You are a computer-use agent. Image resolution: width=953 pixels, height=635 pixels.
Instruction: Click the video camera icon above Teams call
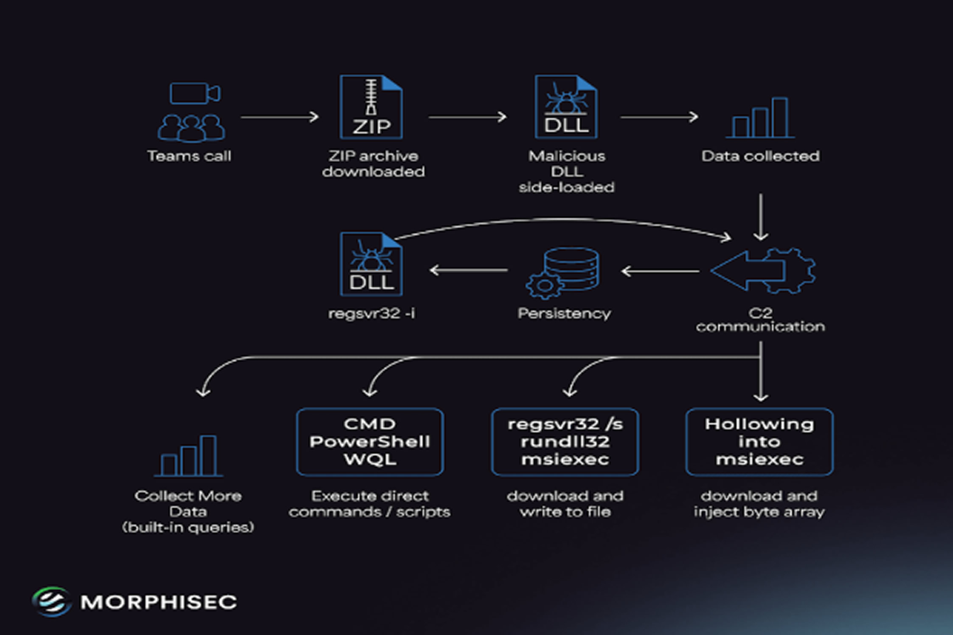click(x=194, y=93)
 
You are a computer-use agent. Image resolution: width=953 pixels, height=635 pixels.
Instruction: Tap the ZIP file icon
click(x=371, y=107)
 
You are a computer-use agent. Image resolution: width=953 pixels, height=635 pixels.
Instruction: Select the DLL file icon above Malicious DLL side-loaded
click(x=566, y=107)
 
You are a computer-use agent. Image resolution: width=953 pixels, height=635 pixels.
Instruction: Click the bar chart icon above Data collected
click(x=760, y=118)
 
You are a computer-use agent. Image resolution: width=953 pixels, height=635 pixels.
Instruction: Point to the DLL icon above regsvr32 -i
click(x=371, y=264)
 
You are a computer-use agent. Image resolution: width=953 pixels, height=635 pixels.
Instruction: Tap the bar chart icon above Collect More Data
click(x=188, y=456)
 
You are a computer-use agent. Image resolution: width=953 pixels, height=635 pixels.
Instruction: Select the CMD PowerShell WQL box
click(x=370, y=442)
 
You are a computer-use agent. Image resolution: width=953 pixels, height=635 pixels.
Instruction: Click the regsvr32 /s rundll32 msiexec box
click(x=565, y=442)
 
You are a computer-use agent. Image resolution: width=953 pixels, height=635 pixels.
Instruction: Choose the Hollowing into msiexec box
click(x=759, y=442)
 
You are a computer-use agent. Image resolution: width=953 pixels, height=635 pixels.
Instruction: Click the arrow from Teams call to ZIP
click(x=279, y=117)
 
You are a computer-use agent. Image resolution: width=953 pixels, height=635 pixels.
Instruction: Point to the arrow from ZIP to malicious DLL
click(x=467, y=117)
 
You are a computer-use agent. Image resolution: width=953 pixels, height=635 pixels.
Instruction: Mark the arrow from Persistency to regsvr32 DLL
click(x=469, y=270)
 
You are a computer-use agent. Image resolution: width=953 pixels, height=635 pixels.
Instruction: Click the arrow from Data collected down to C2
click(x=760, y=217)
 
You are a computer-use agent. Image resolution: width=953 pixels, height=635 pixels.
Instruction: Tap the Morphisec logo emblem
click(x=51, y=601)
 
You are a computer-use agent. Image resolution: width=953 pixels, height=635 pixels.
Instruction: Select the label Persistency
click(x=564, y=313)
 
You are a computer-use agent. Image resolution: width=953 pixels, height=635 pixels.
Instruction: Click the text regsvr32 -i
click(x=371, y=313)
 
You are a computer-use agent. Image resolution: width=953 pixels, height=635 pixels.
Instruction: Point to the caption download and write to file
click(x=565, y=504)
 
